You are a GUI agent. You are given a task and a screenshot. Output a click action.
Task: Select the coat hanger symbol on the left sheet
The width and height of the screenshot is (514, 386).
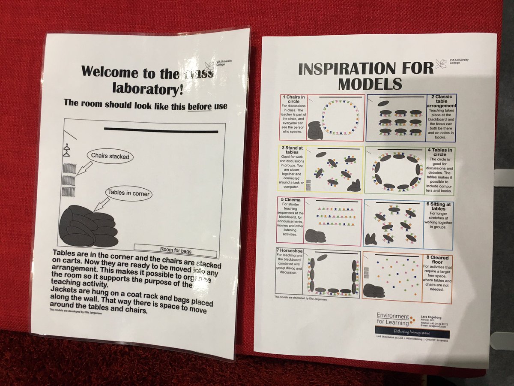[x=66, y=150]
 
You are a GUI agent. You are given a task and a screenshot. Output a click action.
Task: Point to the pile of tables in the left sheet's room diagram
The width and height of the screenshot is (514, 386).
[x=88, y=227]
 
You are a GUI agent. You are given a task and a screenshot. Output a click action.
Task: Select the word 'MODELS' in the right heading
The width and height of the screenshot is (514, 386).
[x=369, y=83]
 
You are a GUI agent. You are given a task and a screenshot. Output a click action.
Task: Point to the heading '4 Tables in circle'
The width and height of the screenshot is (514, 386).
[x=441, y=153]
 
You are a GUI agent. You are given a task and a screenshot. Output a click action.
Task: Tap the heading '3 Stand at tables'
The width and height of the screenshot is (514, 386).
[x=293, y=151]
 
